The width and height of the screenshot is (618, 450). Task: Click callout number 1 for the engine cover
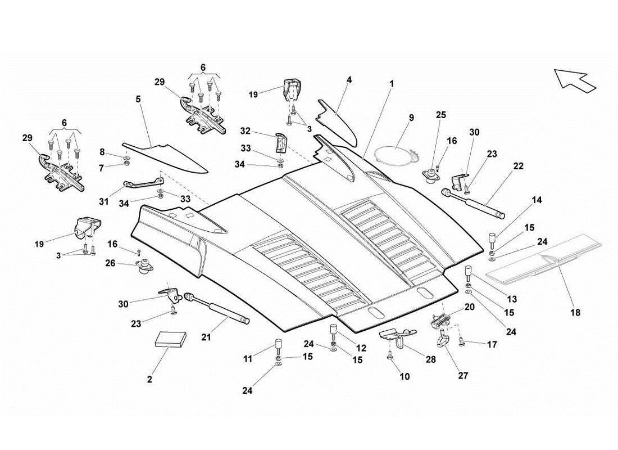coord(392,83)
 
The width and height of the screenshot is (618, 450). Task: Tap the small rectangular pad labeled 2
coord(169,340)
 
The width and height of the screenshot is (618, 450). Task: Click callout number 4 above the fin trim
coord(349,80)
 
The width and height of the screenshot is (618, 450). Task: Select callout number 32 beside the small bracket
coord(245,131)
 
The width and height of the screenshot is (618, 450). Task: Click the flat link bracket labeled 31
coord(144,183)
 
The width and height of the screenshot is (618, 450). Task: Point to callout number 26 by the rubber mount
coord(110,262)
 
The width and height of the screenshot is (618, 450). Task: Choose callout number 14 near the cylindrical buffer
coord(538,200)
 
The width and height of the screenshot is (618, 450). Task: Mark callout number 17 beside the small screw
coord(492,344)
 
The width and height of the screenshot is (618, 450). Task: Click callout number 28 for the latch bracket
coord(431,359)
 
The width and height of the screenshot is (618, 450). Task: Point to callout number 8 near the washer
coord(102,152)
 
